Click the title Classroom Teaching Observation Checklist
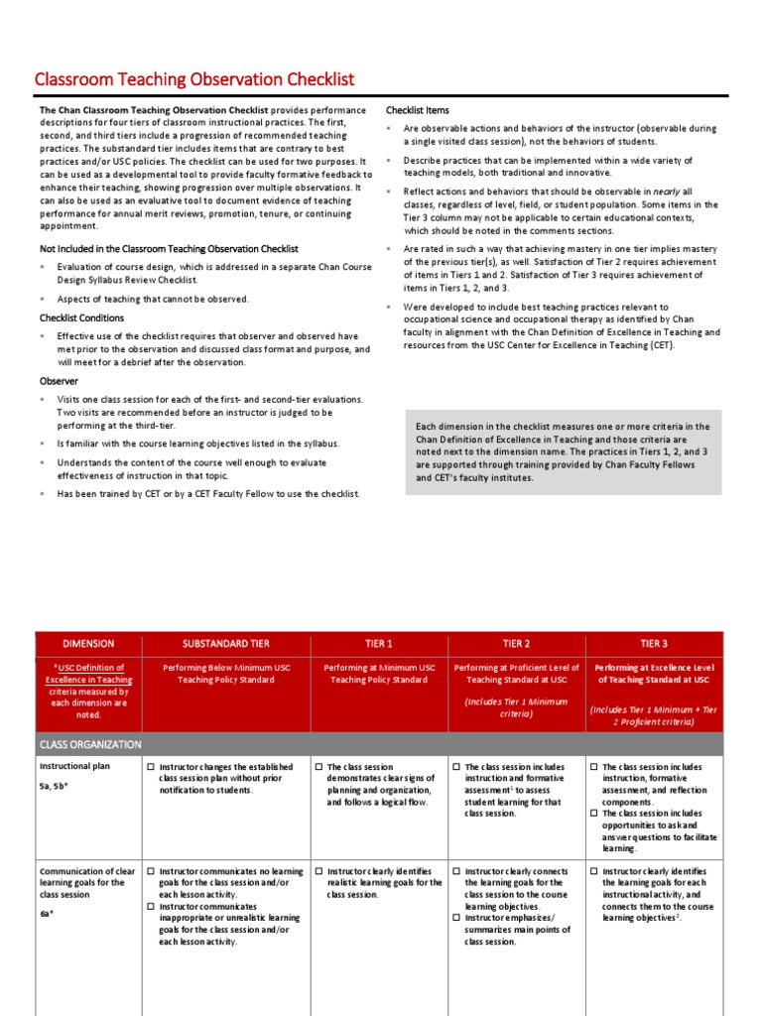(x=194, y=79)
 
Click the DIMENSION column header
(x=89, y=644)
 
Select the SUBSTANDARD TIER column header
(x=226, y=644)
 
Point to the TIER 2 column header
(x=516, y=644)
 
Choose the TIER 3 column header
(x=654, y=644)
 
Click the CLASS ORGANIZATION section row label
(x=90, y=744)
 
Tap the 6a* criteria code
(x=46, y=913)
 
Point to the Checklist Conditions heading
(x=81, y=318)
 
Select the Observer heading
(x=59, y=381)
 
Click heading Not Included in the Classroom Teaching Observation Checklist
(x=169, y=249)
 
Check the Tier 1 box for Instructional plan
(x=318, y=767)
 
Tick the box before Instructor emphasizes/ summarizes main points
(x=456, y=919)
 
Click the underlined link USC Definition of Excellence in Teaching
(x=88, y=674)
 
